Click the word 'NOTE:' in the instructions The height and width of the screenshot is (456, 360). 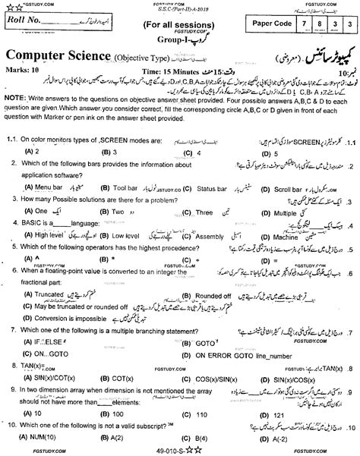pos(15,121)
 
